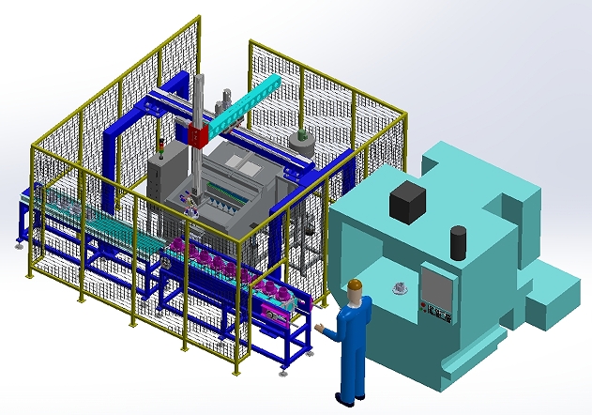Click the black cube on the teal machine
pyautogui.click(x=408, y=198)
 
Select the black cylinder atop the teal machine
pyautogui.click(x=458, y=242)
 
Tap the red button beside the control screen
pyautogui.click(x=425, y=304)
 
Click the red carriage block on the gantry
pyautogui.click(x=197, y=135)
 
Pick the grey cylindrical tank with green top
pyautogui.click(x=300, y=144)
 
